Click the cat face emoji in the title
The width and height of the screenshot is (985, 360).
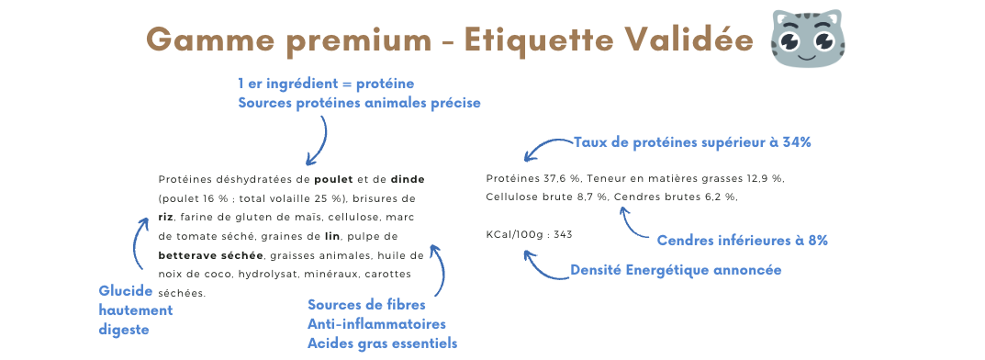tap(808, 39)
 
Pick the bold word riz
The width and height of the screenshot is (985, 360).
tap(166, 218)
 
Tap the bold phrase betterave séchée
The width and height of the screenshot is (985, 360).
tap(210, 255)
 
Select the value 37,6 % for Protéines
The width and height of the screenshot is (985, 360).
tap(560, 179)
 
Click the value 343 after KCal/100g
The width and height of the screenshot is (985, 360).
tap(564, 234)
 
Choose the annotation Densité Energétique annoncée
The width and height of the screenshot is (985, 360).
tap(676, 270)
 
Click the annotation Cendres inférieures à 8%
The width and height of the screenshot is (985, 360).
tap(743, 240)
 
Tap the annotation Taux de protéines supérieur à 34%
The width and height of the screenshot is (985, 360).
tap(693, 142)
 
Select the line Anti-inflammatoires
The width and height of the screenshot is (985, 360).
tap(377, 324)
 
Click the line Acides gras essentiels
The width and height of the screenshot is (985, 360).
tap(383, 343)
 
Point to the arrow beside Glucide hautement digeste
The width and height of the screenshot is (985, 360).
tap(136, 242)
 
